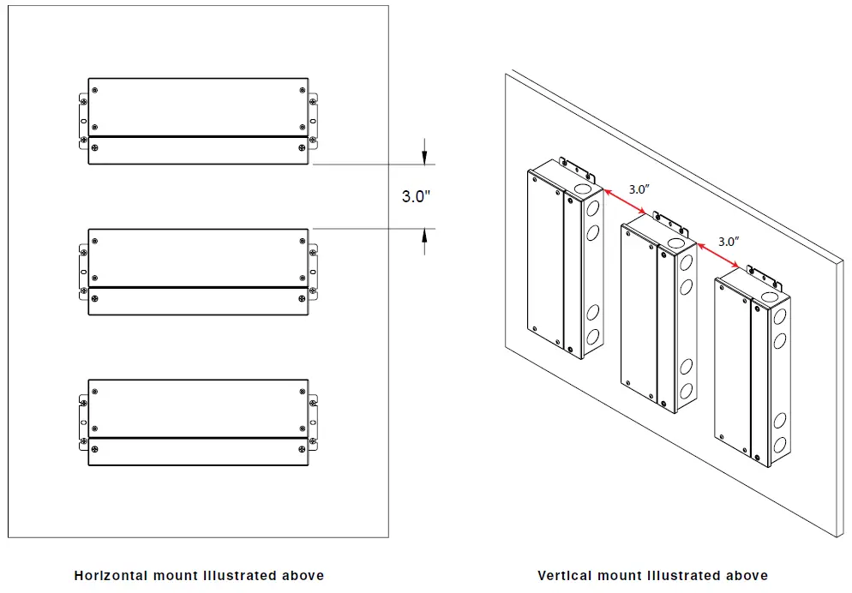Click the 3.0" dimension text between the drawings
click(x=416, y=196)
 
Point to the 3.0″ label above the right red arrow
click(x=728, y=242)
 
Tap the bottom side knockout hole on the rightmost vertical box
click(x=780, y=445)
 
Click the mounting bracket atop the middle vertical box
click(x=669, y=220)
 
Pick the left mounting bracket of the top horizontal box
click(x=83, y=120)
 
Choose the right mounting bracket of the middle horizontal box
click(x=313, y=273)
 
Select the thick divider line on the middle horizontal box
click(x=198, y=287)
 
